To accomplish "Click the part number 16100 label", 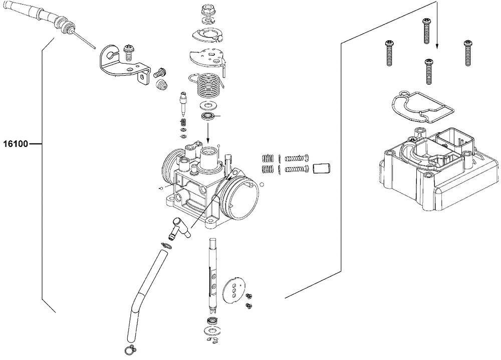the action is point(16,144).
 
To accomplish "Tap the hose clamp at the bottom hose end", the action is point(130,350).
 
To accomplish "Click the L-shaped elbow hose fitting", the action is point(178,229).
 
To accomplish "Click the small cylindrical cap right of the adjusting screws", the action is point(322,168).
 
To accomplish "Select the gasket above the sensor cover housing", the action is point(421,106).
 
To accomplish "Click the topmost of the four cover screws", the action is point(426,31).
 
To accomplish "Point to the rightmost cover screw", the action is point(468,53).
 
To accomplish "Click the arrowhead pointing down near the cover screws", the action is point(436,46).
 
